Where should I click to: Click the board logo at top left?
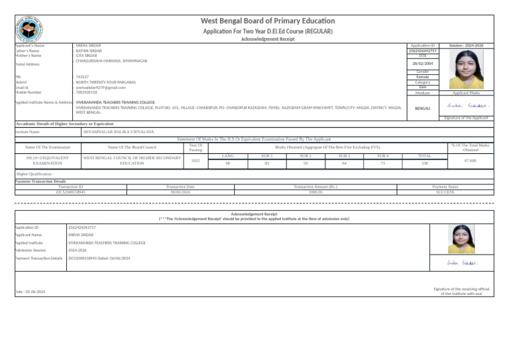click(x=29, y=28)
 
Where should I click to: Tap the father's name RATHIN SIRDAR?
click(x=89, y=50)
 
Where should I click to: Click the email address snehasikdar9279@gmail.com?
click(x=101, y=88)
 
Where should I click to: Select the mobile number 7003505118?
click(x=87, y=93)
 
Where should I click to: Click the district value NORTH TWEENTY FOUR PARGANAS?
click(x=107, y=82)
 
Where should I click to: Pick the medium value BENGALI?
click(x=422, y=107)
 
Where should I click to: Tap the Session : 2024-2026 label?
click(x=466, y=46)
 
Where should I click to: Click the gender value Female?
click(x=422, y=77)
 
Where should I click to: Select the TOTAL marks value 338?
click(x=424, y=162)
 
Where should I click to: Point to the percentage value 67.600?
click(x=470, y=160)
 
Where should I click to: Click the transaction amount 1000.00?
click(x=315, y=192)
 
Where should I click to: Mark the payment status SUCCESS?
click(x=445, y=192)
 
